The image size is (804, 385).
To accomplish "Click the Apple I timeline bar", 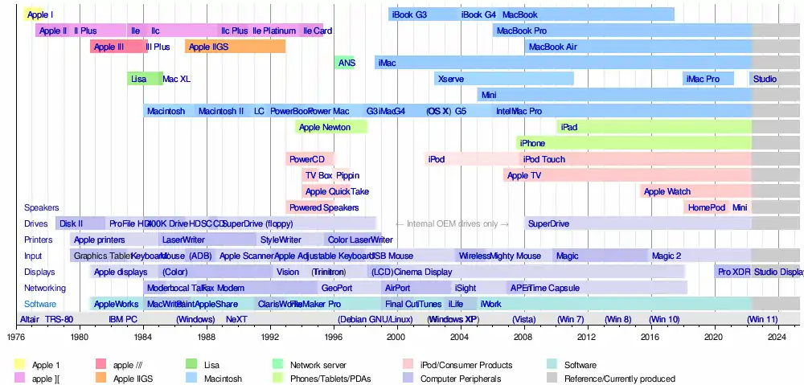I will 33,14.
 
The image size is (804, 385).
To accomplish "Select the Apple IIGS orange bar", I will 235,47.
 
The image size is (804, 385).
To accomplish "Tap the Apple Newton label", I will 324,127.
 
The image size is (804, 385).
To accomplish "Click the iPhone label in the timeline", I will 532,143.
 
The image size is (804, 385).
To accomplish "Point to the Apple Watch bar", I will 667,191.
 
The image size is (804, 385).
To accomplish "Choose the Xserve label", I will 451,79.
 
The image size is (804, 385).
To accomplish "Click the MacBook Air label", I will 552,47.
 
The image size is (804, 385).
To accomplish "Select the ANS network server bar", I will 345,63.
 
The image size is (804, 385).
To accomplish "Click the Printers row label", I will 39,240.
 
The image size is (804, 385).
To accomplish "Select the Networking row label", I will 45,288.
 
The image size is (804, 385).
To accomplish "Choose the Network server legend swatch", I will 278,364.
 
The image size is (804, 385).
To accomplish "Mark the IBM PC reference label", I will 123,319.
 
